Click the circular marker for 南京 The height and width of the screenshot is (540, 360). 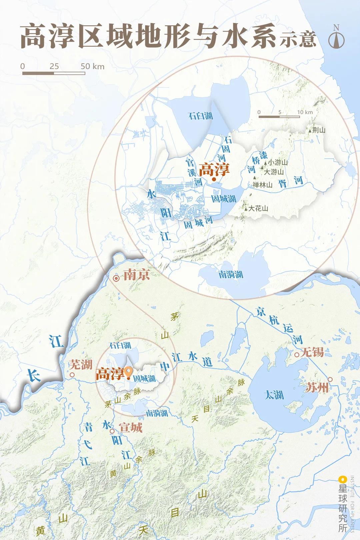point(116,278)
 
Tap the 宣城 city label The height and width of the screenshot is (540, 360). point(131,427)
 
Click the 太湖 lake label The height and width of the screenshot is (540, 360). point(274,395)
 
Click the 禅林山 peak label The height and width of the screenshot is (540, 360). point(262,185)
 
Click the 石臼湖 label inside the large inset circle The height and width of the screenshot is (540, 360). point(200,116)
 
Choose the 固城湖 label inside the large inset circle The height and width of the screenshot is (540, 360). point(224,199)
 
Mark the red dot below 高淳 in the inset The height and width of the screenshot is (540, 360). point(213,179)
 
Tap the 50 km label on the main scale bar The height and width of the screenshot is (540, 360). point(92,66)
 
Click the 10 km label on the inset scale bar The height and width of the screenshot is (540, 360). point(305,112)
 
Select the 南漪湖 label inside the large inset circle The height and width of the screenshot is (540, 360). point(231,275)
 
